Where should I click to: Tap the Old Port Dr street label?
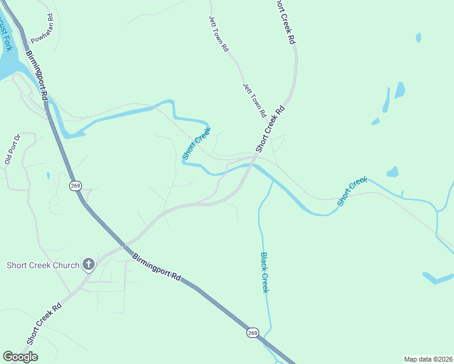[13, 149]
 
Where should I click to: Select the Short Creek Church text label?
[43, 265]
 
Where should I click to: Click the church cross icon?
[89, 265]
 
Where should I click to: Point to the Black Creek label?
[264, 272]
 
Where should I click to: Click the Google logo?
[20, 357]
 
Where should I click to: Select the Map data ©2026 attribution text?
[428, 359]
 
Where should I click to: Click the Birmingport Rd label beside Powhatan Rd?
[36, 75]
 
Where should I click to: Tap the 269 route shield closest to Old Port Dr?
[75, 186]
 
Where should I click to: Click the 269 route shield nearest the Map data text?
[253, 332]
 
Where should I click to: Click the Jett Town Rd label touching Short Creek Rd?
[254, 100]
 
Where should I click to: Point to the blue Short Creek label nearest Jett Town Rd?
[197, 143]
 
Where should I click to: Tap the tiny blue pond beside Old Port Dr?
[48, 176]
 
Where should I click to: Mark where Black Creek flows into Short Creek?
[271, 181]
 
